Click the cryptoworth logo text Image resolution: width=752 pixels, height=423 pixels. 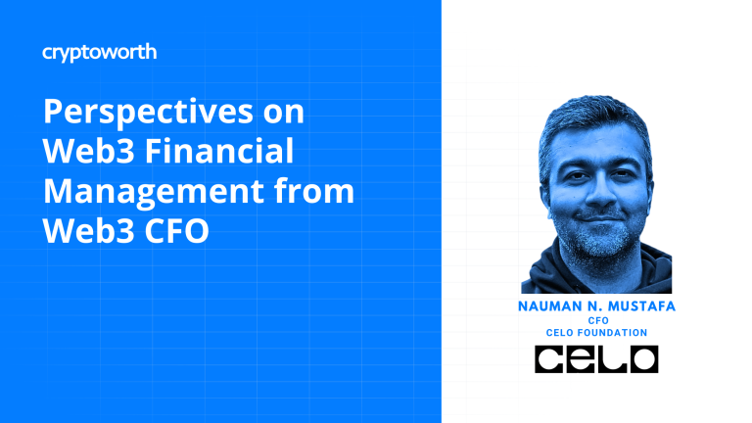tap(99, 53)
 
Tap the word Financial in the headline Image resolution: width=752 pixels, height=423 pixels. tap(219, 151)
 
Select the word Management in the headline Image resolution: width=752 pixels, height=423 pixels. tap(154, 192)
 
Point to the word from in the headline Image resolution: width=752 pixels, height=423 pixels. tap(314, 191)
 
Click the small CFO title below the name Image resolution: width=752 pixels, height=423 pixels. tap(598, 320)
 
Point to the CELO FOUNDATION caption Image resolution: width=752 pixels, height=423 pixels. tap(596, 332)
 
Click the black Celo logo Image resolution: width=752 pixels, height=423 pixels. tap(596, 359)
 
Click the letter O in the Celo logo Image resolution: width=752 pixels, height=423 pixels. tap(643, 359)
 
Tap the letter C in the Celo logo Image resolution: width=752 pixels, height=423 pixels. tap(549, 359)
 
